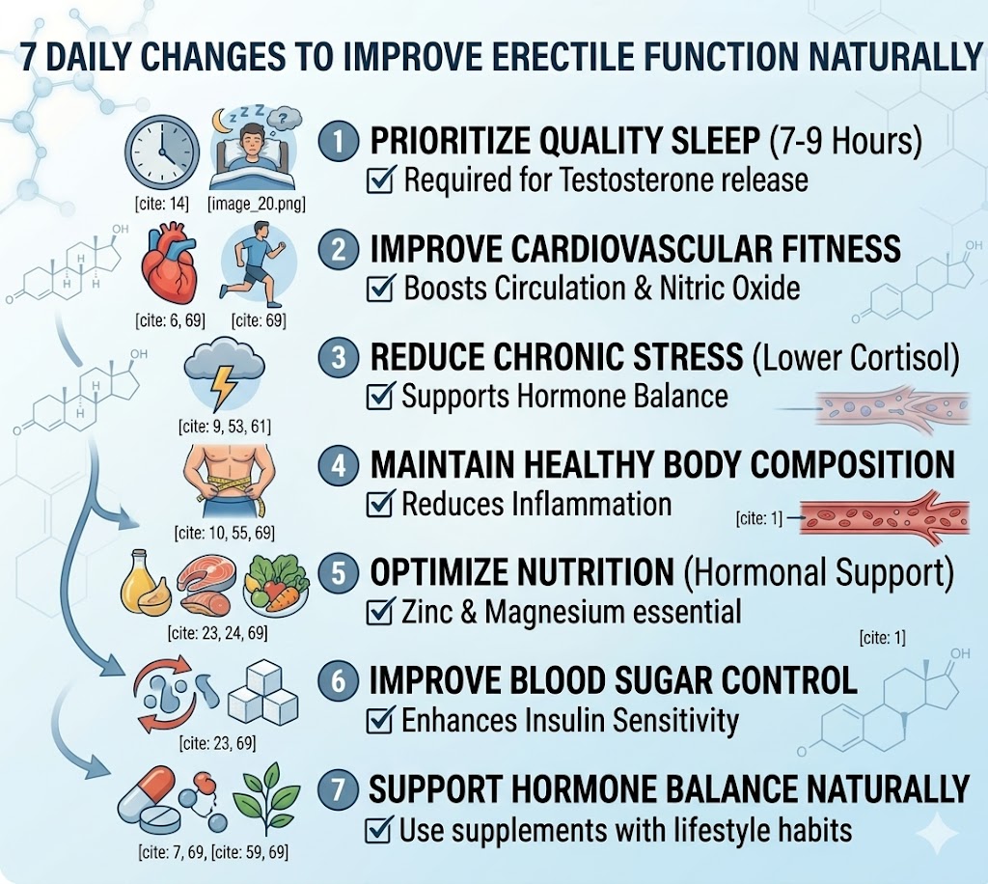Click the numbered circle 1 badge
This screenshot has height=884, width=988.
tap(338, 143)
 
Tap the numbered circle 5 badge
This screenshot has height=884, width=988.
tap(338, 573)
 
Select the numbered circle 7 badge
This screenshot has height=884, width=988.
tap(338, 789)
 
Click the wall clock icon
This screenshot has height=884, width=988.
tap(162, 152)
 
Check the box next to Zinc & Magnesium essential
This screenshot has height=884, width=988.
tap(383, 612)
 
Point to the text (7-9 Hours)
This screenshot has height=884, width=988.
tap(845, 143)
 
